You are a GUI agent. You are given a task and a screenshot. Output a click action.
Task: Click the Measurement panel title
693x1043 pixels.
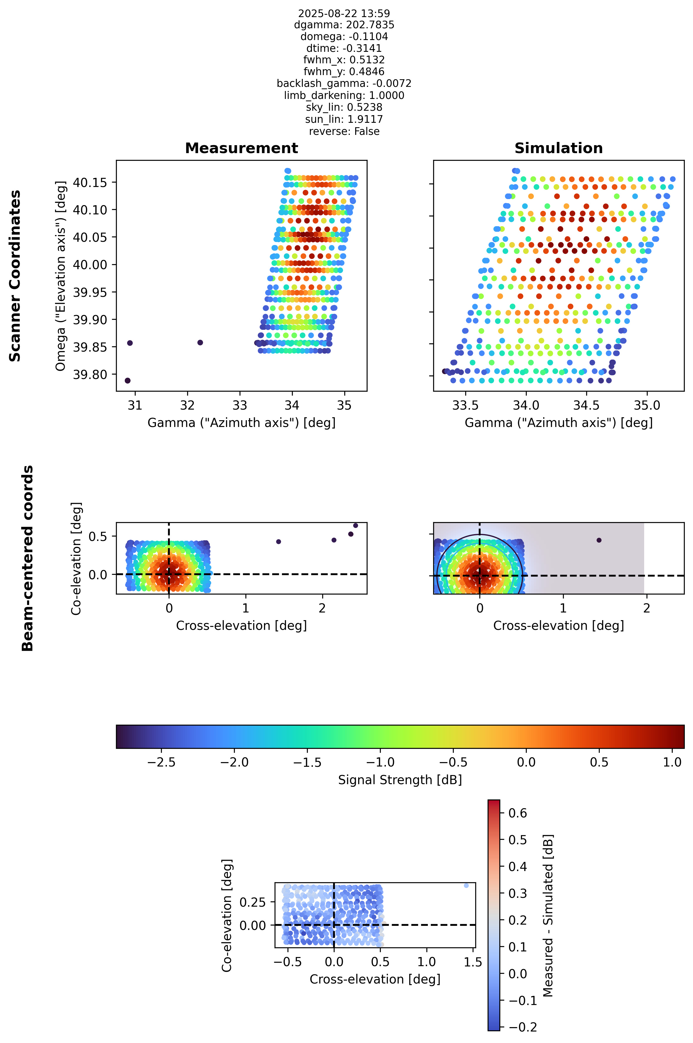point(241,148)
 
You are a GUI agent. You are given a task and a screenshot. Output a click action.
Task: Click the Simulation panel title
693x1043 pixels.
point(559,148)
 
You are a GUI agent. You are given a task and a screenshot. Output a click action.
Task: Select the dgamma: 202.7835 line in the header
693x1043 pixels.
point(344,25)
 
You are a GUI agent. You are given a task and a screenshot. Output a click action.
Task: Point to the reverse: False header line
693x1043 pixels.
point(344,131)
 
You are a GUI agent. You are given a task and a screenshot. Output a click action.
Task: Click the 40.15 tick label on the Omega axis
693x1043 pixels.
point(90,183)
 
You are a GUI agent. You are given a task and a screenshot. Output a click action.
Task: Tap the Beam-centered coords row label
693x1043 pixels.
point(28,558)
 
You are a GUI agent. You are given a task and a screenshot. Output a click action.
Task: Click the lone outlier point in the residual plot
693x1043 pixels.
point(466,885)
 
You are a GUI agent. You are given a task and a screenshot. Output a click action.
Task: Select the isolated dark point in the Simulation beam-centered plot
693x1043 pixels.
point(599,540)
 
